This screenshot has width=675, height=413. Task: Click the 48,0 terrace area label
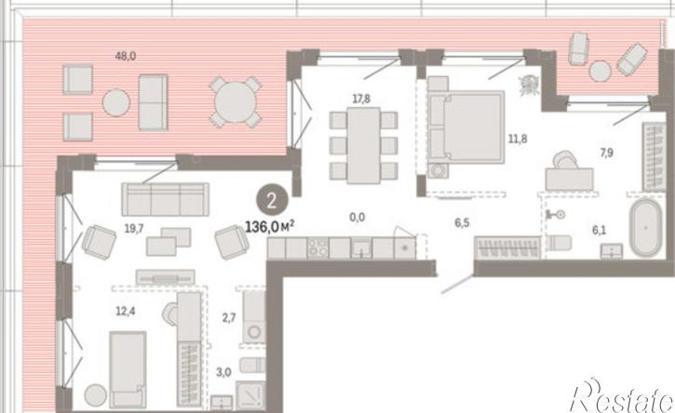(x=126, y=56)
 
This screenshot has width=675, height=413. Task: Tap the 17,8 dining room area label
(x=361, y=99)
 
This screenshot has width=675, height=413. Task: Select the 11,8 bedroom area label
(x=518, y=139)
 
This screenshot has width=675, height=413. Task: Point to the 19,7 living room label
(x=134, y=229)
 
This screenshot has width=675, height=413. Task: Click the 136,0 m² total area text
(x=270, y=227)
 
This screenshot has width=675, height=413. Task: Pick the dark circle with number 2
(x=272, y=200)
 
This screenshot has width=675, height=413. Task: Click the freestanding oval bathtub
(x=646, y=227)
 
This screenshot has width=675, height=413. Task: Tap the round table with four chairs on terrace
(x=236, y=102)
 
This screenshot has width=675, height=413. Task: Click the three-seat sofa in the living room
(x=166, y=199)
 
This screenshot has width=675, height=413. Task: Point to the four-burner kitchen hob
(x=317, y=248)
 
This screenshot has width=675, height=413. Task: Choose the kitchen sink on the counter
(x=361, y=248)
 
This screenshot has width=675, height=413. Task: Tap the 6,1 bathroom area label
(x=599, y=230)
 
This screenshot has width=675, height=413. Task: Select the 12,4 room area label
(x=125, y=311)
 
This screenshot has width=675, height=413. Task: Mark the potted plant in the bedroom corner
(x=529, y=85)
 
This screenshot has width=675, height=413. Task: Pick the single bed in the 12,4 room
(x=128, y=369)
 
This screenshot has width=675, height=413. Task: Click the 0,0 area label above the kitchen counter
(x=358, y=218)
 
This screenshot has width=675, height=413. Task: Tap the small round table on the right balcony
(x=601, y=71)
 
